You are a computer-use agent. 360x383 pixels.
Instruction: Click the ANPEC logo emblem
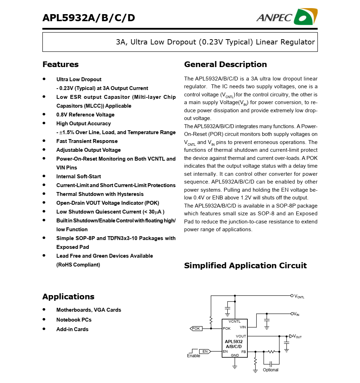[305, 17]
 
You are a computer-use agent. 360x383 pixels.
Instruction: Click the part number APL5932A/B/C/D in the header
[89, 18]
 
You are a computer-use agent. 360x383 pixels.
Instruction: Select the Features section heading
[60, 64]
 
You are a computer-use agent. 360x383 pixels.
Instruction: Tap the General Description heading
[225, 64]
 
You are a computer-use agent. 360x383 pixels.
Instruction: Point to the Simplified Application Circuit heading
[245, 265]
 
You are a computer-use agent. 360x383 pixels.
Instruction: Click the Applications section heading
[68, 297]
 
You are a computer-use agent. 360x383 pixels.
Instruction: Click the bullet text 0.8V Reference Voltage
[85, 115]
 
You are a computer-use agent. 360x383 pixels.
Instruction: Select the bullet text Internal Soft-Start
[79, 176]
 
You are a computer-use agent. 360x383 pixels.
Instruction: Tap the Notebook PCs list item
[74, 320]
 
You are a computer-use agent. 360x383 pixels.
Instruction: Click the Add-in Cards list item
[72, 329]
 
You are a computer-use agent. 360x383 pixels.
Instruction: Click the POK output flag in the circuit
[196, 329]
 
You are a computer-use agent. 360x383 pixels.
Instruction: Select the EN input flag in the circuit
[205, 352]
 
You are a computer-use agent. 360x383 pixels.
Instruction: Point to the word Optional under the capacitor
[270, 370]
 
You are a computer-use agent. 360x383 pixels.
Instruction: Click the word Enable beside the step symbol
[193, 356]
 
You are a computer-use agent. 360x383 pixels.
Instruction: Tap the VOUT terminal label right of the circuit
[298, 336]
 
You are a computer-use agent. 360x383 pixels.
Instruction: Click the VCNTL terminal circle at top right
[292, 295]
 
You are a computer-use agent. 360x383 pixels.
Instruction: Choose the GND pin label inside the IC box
[235, 355]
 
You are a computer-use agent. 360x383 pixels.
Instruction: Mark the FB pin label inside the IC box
[244, 352]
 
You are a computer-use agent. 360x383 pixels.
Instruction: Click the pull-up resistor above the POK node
[211, 321]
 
